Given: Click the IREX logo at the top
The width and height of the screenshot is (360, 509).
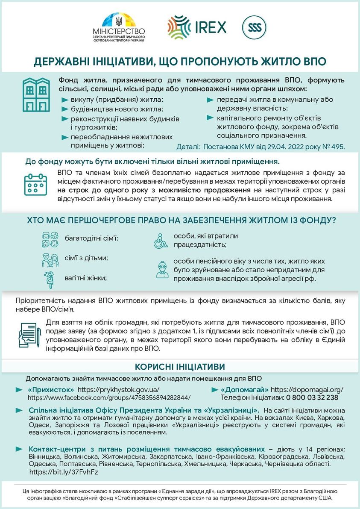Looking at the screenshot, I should [x=196, y=27].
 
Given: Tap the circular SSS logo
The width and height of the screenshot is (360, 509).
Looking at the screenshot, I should [x=255, y=28].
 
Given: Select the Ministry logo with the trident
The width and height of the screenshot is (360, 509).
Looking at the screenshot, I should [x=119, y=28].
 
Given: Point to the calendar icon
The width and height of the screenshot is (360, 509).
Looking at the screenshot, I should [x=35, y=184].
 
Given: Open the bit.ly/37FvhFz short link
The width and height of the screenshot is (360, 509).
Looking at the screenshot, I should [x=64, y=472].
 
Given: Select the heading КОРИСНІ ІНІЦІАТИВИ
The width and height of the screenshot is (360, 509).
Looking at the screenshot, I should [x=180, y=367].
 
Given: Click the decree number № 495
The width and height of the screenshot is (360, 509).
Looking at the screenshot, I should [x=334, y=147].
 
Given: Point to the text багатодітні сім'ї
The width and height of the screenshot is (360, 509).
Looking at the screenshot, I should [x=91, y=237].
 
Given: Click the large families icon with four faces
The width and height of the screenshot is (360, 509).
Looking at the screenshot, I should [x=50, y=239].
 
